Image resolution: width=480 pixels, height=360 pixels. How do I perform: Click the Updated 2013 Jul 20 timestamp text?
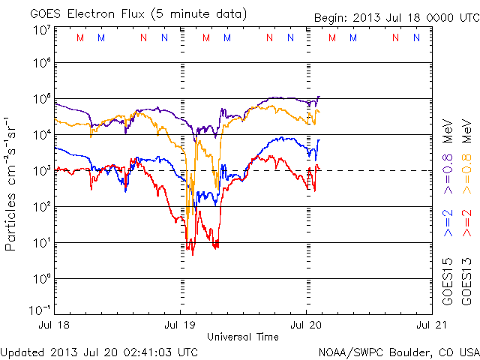pyautogui.click(x=100, y=352)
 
